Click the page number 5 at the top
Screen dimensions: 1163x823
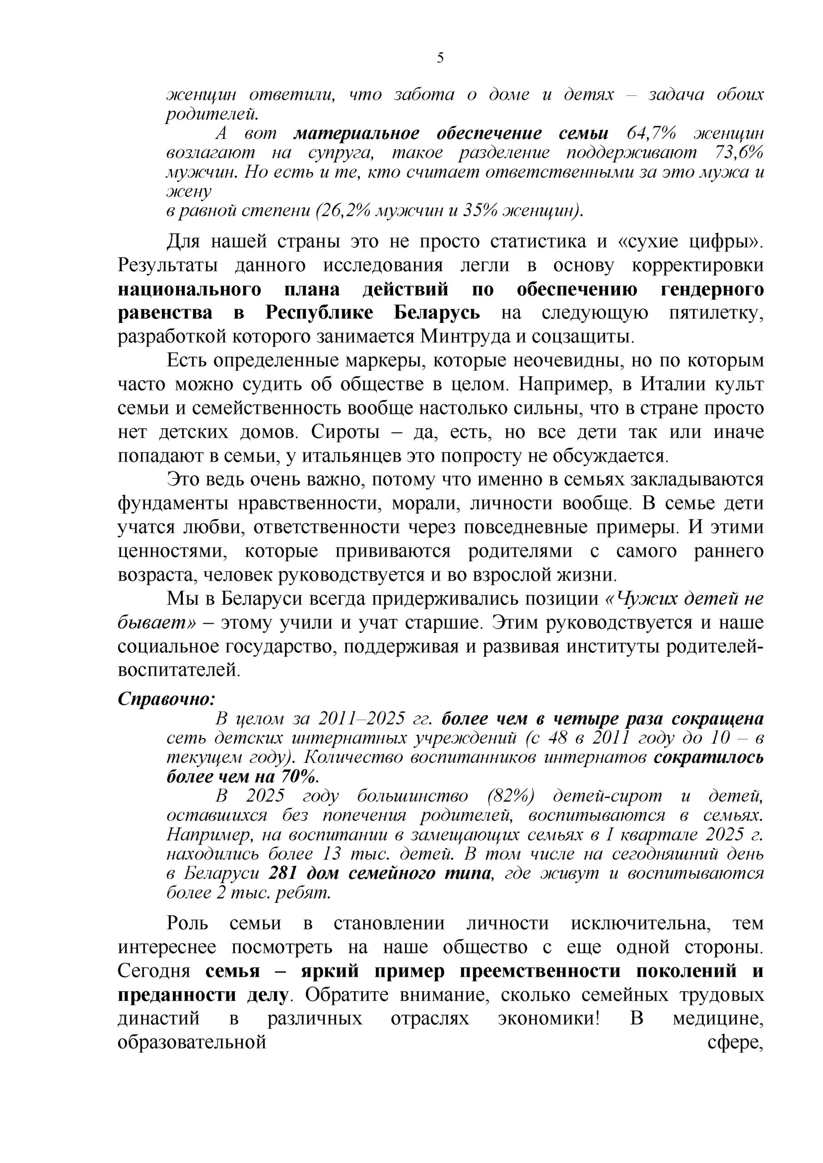[x=440, y=58]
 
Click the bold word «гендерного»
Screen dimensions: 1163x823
[x=712, y=290]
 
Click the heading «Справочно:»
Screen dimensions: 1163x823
[x=166, y=699]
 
